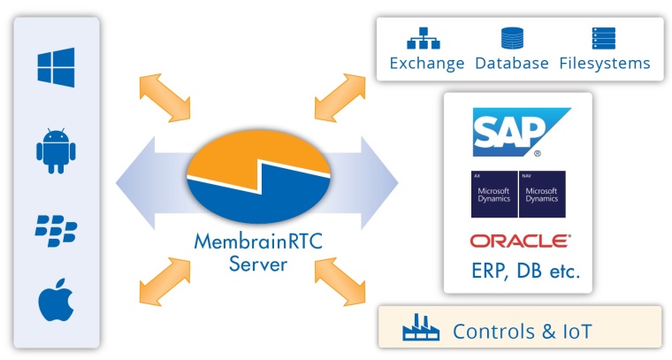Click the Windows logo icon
56,67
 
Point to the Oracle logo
520,241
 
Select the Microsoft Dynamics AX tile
494,194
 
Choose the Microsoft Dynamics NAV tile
542,194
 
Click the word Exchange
427,64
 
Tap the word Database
512,64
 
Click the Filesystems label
605,64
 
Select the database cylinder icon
512,38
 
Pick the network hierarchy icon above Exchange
423,38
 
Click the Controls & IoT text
522,332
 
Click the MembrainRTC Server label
257,252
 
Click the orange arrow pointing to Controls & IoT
341,281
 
